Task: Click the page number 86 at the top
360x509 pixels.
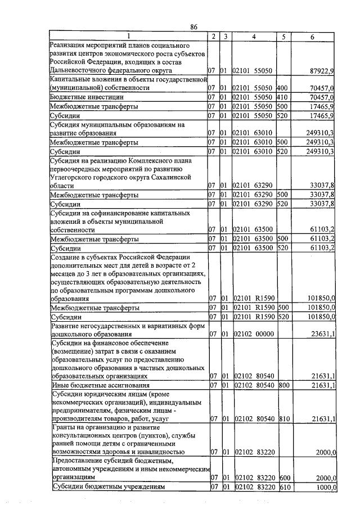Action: pyautogui.click(x=193, y=26)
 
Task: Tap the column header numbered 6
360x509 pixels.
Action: pyautogui.click(x=313, y=37)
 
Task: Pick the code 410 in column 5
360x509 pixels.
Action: pyautogui.click(x=282, y=97)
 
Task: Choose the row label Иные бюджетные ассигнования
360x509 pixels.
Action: pyautogui.click(x=100, y=385)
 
